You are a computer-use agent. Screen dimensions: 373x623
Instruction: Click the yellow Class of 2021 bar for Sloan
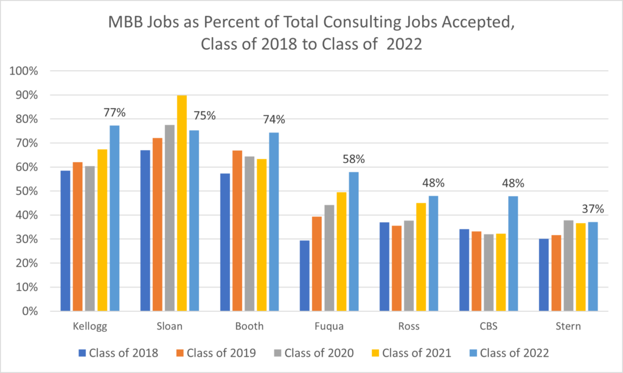(182, 204)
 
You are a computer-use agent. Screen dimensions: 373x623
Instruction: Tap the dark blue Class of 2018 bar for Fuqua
(305, 276)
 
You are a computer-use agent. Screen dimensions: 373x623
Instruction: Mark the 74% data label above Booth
(273, 120)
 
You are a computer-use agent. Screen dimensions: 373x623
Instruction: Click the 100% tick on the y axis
(24, 71)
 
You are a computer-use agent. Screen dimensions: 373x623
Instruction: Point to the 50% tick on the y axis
(27, 191)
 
